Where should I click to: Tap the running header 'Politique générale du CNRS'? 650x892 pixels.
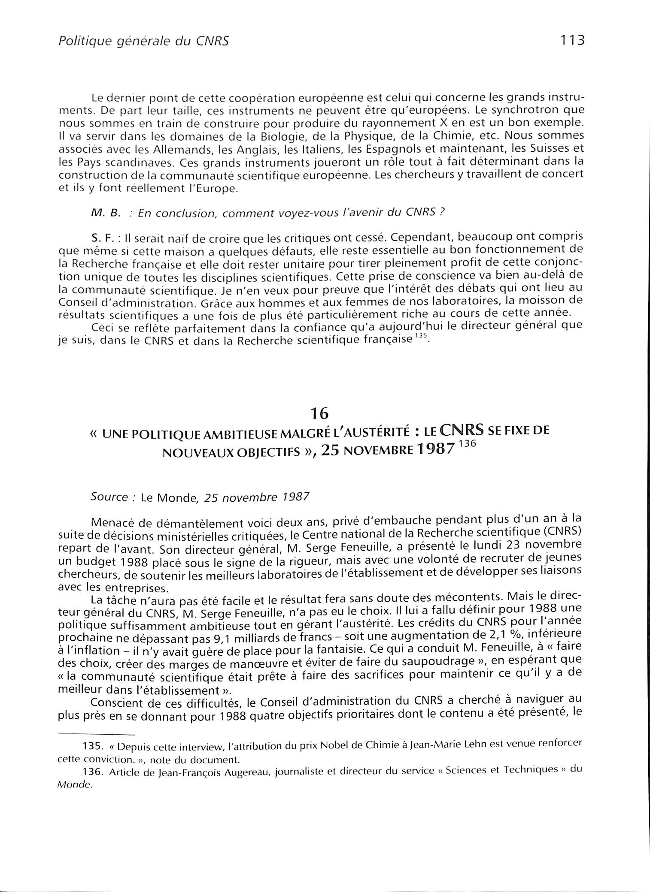point(143,41)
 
